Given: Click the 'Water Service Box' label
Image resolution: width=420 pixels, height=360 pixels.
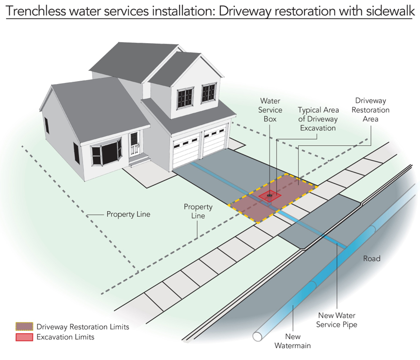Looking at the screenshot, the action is click(x=270, y=110).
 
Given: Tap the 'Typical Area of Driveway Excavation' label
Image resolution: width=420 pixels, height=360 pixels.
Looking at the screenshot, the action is click(x=318, y=119).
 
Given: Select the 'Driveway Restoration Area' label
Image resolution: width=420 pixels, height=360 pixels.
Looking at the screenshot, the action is click(x=370, y=110).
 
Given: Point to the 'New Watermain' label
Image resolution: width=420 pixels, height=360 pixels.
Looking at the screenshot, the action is click(x=292, y=341).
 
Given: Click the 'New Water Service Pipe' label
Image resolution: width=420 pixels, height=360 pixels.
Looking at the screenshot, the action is click(x=336, y=320).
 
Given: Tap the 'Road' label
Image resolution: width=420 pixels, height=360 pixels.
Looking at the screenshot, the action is click(x=371, y=258).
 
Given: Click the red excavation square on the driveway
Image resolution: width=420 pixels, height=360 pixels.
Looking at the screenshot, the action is click(x=270, y=196).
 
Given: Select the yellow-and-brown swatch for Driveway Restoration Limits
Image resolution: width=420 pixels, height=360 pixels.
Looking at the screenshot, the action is click(x=24, y=326).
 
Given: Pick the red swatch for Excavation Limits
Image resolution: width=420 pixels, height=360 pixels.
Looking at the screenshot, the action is click(x=24, y=337).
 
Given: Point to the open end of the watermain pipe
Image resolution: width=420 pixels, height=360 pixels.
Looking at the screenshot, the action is click(x=257, y=336).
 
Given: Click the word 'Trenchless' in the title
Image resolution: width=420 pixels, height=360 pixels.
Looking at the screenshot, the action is click(x=35, y=11).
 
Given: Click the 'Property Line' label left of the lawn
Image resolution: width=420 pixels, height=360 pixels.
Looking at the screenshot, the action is click(x=128, y=214).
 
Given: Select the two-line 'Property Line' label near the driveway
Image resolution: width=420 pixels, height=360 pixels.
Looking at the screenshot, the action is click(x=198, y=211).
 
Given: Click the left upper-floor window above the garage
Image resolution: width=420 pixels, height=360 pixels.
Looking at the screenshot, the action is click(x=185, y=97).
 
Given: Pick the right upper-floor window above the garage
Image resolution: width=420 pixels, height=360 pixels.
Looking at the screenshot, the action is click(x=209, y=92).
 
